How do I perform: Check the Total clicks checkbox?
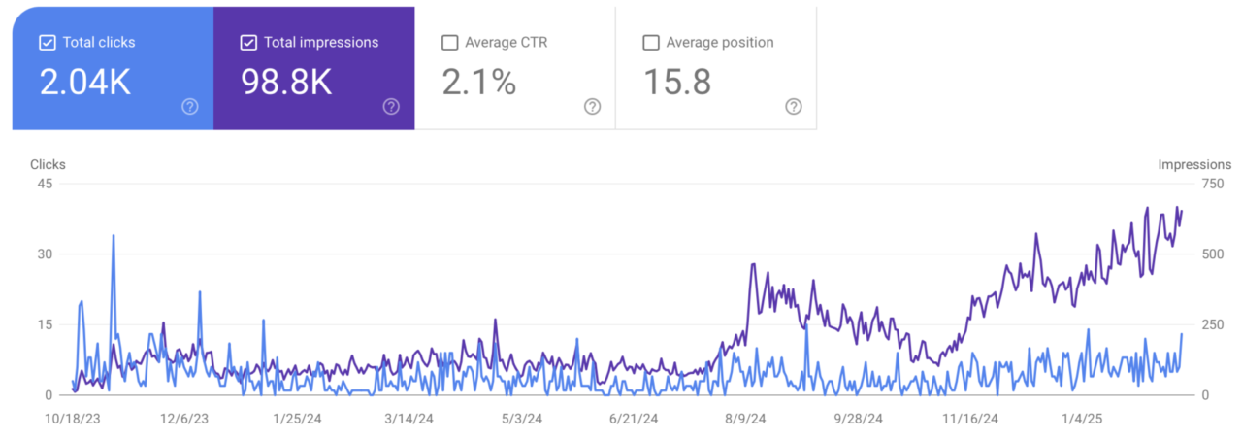click(x=47, y=43)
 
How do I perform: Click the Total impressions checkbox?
click(x=248, y=43)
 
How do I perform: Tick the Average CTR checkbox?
click(x=449, y=43)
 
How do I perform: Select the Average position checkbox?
click(x=651, y=43)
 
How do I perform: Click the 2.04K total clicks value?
click(x=84, y=83)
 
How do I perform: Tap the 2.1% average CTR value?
click(x=479, y=83)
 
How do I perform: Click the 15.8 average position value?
click(x=677, y=83)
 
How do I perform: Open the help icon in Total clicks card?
click(x=190, y=106)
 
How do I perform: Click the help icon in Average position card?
click(x=794, y=106)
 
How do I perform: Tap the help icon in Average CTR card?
click(x=592, y=106)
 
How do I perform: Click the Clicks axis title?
click(x=48, y=165)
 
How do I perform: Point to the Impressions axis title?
click(x=1194, y=165)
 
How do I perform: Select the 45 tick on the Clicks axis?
click(x=45, y=184)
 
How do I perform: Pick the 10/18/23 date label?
click(x=74, y=419)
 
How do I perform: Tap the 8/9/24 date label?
click(x=744, y=419)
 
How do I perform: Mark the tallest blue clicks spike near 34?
click(x=114, y=236)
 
